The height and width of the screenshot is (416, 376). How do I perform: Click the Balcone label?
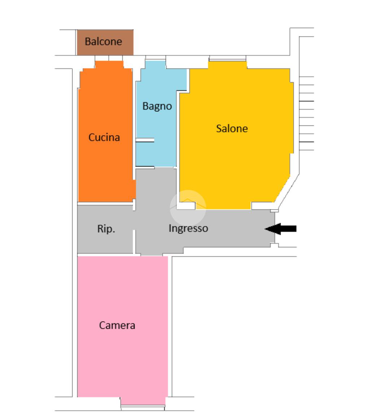click(x=103, y=42)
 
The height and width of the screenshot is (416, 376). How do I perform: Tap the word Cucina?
click(x=104, y=137)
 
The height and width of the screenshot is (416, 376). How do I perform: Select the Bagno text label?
click(x=157, y=106)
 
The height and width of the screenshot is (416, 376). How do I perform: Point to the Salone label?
click(x=232, y=129)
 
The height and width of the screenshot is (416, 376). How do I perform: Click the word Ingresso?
click(x=188, y=229)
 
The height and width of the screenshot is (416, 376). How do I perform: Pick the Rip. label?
click(x=106, y=229)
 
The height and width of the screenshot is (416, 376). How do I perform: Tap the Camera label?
click(x=117, y=325)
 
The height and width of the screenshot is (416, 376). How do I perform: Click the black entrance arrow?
click(x=281, y=229)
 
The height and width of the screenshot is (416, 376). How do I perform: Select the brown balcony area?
click(x=105, y=43)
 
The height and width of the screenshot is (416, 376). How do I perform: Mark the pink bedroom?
click(x=123, y=329)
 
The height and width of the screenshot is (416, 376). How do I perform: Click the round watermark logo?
click(x=188, y=208)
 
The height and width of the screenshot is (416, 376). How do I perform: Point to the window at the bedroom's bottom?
click(x=143, y=408)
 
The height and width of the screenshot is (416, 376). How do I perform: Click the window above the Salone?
click(x=228, y=58)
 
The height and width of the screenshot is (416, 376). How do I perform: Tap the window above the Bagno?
click(x=156, y=58)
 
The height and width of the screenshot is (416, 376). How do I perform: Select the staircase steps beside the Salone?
click(x=306, y=113)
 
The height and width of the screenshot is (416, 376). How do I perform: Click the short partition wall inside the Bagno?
click(x=145, y=140)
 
